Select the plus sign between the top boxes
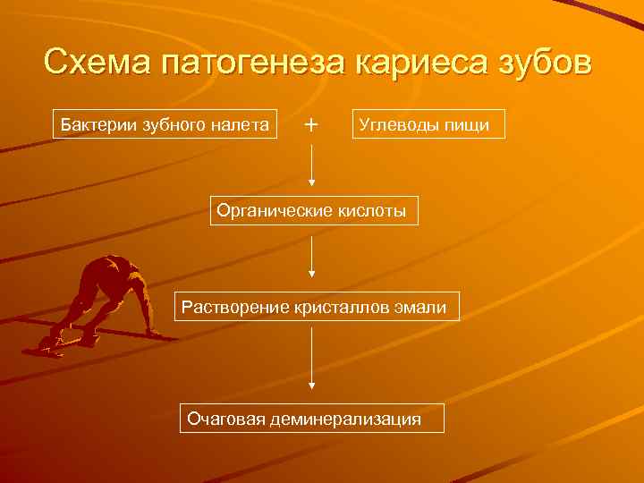tap(310, 124)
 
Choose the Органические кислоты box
tap(314, 212)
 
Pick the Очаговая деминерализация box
tap(312, 418)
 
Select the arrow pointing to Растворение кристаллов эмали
tap(311, 258)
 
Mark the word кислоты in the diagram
tap(372, 212)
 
